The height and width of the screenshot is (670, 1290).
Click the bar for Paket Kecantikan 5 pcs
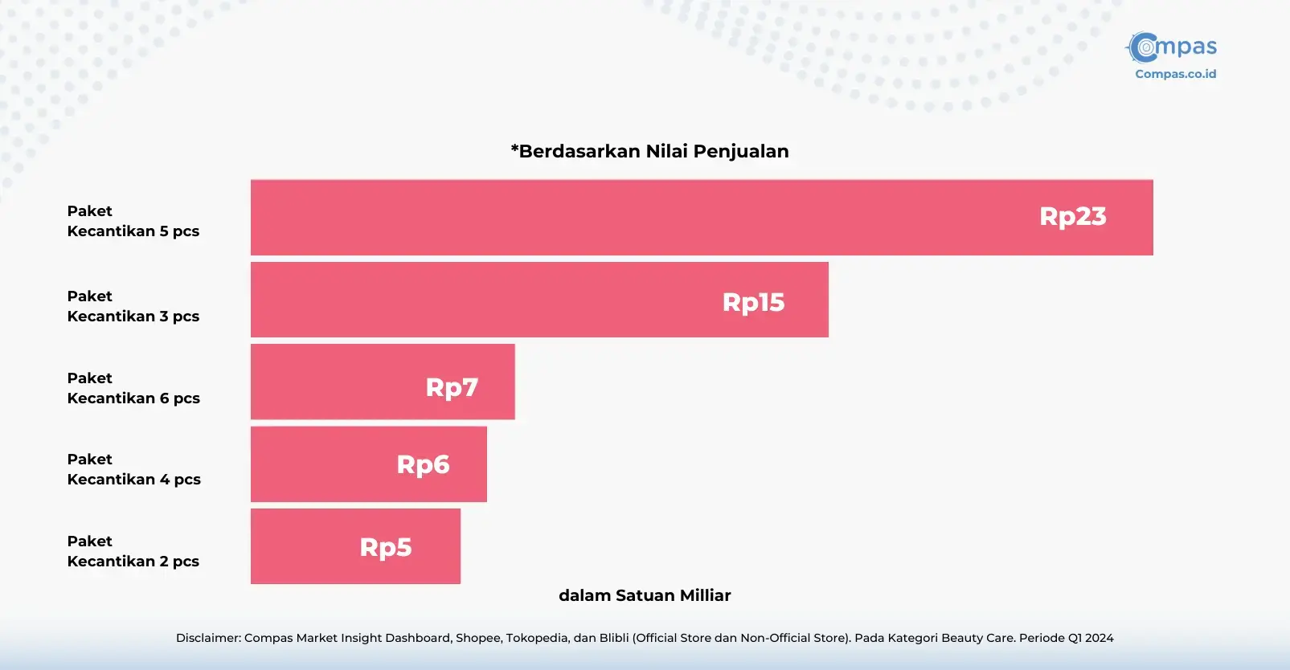tap(702, 218)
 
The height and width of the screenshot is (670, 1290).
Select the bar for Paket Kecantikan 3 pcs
tap(539, 300)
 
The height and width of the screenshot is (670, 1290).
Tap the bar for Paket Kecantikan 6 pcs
tap(383, 382)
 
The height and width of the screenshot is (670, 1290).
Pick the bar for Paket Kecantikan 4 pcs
tap(369, 464)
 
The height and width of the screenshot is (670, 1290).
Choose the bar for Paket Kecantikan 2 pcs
tap(355, 546)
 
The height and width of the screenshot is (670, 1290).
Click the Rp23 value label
tap(1072, 217)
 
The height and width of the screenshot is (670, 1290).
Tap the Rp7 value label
tap(452, 387)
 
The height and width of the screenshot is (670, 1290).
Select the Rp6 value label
tap(423, 464)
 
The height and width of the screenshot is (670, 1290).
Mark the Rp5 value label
tap(385, 547)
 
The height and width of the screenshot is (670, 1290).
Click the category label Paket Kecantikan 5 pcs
tap(133, 221)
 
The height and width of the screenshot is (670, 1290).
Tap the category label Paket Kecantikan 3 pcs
tap(133, 306)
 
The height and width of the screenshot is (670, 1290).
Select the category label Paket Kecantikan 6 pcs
tap(133, 388)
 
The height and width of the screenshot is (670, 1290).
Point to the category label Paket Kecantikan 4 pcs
tap(133, 469)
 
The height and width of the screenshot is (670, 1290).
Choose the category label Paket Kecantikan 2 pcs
tap(133, 551)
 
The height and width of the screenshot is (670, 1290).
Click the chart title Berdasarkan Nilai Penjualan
tap(649, 151)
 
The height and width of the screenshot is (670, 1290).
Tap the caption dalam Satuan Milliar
tap(645, 595)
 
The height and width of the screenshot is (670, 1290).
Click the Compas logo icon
tap(1143, 47)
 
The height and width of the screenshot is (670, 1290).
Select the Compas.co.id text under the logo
tap(1175, 74)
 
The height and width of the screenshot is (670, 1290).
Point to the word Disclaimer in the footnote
tap(208, 638)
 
